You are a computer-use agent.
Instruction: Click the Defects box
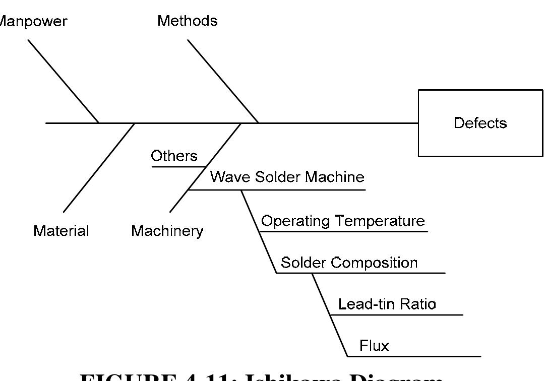480,123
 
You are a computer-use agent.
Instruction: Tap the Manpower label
33,22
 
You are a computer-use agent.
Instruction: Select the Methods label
188,21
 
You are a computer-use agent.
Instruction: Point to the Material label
61,231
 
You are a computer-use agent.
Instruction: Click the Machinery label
167,231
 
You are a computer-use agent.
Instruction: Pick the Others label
174,156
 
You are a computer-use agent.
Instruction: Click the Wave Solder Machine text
287,177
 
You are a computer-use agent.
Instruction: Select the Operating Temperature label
343,221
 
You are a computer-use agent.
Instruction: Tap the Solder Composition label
349,263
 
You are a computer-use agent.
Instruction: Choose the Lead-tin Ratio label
387,304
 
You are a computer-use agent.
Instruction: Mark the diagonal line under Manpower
63,81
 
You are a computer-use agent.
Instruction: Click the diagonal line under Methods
223,81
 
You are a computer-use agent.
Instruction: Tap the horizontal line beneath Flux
413,356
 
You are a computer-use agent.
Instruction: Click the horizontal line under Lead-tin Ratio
396,315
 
